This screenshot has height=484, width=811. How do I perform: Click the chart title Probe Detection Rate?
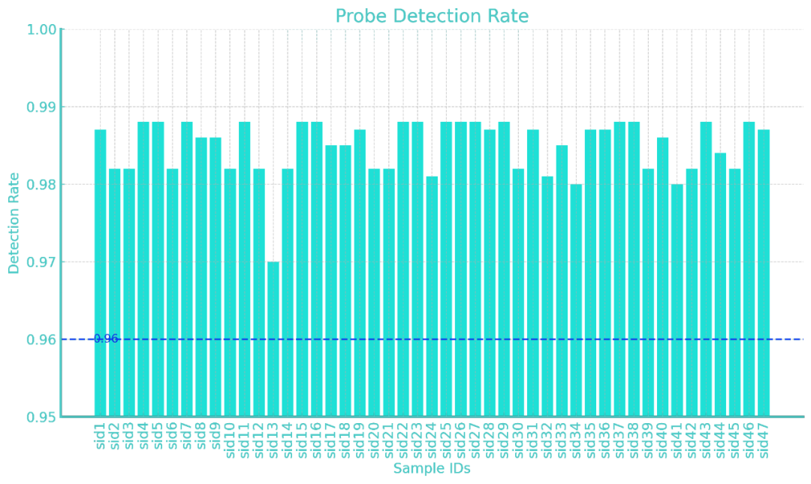(x=432, y=17)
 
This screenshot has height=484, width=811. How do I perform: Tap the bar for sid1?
(x=100, y=272)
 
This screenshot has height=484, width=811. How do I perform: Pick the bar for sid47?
(x=764, y=272)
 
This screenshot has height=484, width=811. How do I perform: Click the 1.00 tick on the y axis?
(x=42, y=29)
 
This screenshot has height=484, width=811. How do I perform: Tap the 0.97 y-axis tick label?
(x=42, y=262)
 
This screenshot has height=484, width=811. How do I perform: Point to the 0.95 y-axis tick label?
(x=42, y=417)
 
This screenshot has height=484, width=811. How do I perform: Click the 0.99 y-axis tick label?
(x=42, y=107)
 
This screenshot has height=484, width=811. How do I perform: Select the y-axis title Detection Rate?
(x=14, y=223)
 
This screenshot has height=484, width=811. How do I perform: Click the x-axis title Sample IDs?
(x=432, y=469)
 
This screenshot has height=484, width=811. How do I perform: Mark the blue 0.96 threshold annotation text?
(x=106, y=339)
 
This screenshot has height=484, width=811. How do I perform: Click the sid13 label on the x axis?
(x=273, y=440)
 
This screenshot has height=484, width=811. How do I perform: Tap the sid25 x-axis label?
(x=447, y=440)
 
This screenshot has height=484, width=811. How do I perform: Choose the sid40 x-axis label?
(x=662, y=440)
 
